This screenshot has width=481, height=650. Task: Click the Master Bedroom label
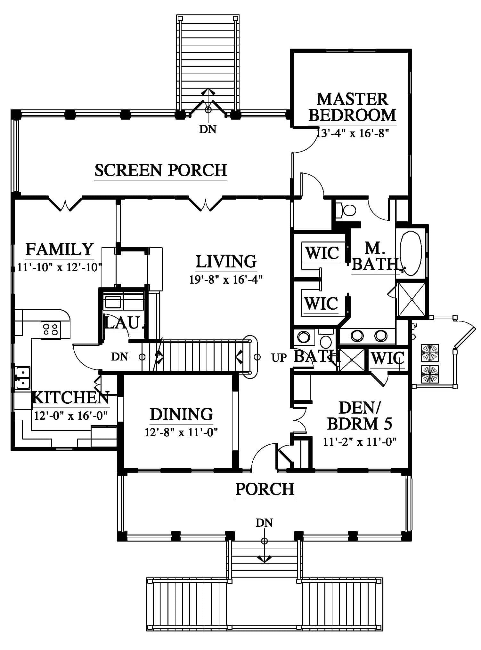pos(352,107)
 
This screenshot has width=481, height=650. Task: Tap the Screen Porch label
pos(161,170)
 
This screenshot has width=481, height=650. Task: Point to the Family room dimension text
pos(59,267)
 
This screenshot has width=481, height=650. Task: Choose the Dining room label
pos(181,414)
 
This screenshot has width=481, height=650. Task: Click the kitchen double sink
pos(22,377)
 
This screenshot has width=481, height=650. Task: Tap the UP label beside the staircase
pos(279,358)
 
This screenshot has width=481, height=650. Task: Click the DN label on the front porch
pos(264,523)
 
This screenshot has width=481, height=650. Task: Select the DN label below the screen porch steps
pos(208,129)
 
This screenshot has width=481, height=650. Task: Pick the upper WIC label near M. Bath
pos(322,253)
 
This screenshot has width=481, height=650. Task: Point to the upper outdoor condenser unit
pos(429,353)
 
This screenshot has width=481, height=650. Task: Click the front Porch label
pos(265,489)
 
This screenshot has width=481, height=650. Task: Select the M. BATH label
pos(375,256)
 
